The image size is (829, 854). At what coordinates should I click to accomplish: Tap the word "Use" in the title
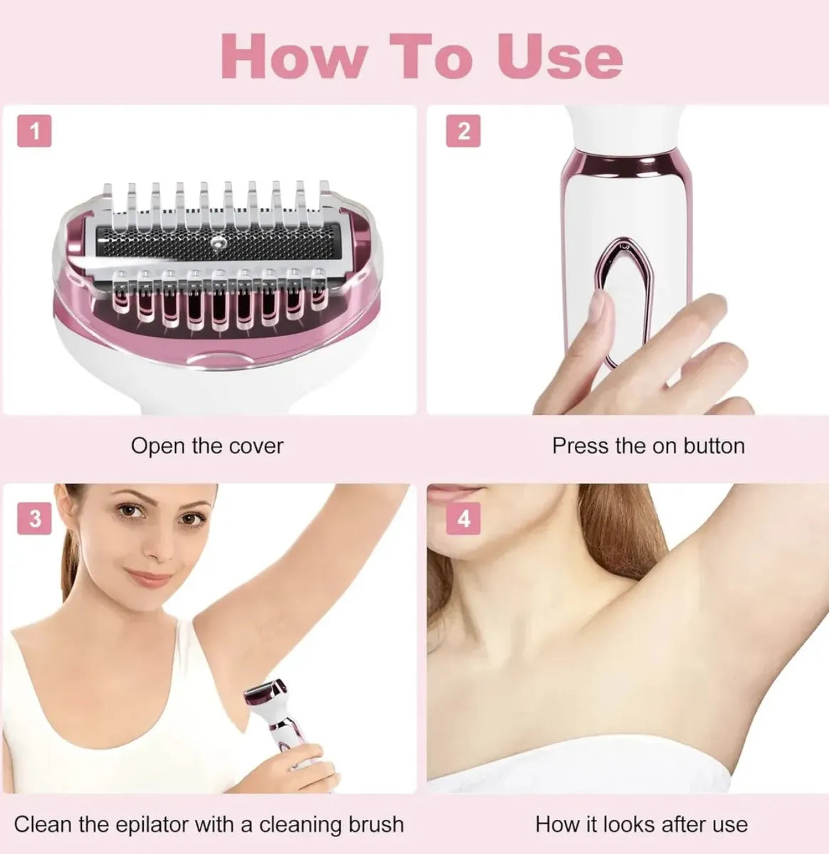coord(560,58)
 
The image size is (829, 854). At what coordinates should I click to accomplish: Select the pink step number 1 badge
coord(34,131)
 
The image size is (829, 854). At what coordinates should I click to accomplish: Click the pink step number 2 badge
coord(463,131)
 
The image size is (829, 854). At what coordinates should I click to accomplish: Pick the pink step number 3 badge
coord(34,518)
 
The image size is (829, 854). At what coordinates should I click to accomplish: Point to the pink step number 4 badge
coord(463,518)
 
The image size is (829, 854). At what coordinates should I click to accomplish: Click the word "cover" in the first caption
coord(256,447)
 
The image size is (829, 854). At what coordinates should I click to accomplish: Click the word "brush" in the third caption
coord(376,812)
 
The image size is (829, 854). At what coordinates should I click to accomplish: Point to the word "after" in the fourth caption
coord(682,812)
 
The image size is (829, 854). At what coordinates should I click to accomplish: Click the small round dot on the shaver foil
coord(216,242)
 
